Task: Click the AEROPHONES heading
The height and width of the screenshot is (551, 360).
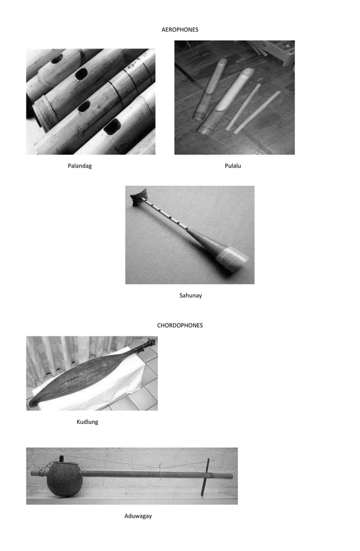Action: tap(179, 29)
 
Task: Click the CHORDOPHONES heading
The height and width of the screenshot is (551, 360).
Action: tap(179, 325)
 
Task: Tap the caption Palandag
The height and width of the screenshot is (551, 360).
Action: tap(80, 166)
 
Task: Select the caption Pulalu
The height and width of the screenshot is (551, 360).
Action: tap(232, 166)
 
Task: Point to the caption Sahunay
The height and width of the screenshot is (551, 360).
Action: tap(190, 295)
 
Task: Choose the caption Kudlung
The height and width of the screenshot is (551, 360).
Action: tap(87, 422)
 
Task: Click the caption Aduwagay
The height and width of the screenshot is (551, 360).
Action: tap(138, 516)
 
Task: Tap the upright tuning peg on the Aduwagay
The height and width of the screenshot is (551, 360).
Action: tap(206, 477)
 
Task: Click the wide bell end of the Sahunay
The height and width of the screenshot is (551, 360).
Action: tap(232, 259)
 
